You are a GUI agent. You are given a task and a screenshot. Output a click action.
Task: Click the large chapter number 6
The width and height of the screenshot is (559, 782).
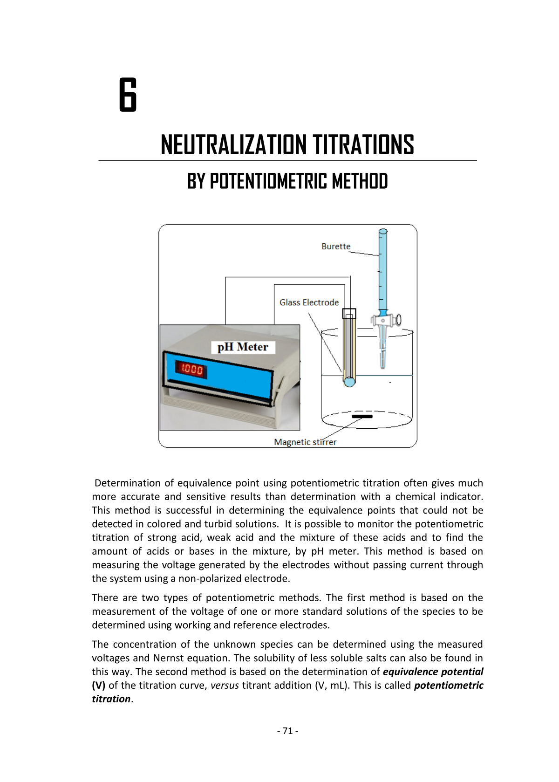pyautogui.click(x=128, y=95)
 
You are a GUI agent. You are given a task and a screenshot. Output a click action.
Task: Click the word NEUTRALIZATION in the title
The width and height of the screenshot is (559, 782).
pyautogui.click(x=233, y=145)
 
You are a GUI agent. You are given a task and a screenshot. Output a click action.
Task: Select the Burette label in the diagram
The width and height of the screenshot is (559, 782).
pyautogui.click(x=335, y=247)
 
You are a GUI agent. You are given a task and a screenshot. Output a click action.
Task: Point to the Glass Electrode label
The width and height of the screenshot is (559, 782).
pyautogui.click(x=309, y=302)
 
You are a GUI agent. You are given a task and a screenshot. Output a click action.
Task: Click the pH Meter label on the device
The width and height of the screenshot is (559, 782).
pyautogui.click(x=243, y=347)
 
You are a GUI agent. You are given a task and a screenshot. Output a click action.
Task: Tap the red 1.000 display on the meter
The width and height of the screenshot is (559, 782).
pyautogui.click(x=191, y=370)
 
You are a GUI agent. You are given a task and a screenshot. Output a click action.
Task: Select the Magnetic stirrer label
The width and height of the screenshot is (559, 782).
pyautogui.click(x=305, y=442)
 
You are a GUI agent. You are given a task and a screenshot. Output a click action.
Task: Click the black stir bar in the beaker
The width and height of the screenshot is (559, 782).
pyautogui.click(x=362, y=416)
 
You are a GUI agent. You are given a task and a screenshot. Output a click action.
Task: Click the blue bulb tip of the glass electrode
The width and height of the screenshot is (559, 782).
pyautogui.click(x=349, y=382)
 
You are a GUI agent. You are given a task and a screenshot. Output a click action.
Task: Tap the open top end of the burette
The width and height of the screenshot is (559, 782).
pyautogui.click(x=383, y=231)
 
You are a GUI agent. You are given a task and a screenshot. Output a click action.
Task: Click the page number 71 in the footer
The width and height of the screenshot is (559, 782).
pyautogui.click(x=287, y=731)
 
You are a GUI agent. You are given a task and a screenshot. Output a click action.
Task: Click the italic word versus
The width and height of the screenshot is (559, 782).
pyautogui.click(x=225, y=686)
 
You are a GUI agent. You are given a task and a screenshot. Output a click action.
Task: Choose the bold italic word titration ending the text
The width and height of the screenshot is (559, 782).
pyautogui.click(x=111, y=699)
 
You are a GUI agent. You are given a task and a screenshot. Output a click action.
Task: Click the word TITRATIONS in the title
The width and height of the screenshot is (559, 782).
pyautogui.click(x=363, y=145)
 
